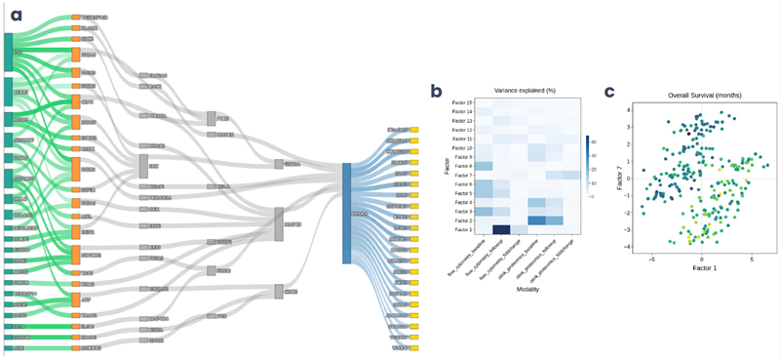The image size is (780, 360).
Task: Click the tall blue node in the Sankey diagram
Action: pos(346,213)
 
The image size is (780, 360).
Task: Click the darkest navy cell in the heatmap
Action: pos(502,229)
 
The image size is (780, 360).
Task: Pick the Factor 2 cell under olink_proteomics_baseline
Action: pos(537,220)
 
